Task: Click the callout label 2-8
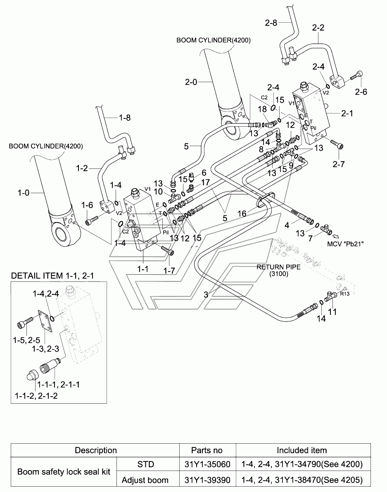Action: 271,23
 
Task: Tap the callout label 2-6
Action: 361,92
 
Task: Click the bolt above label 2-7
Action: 337,144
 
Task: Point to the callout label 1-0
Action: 23,193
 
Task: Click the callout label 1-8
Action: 125,118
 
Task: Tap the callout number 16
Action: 242,214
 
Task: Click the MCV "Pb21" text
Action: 345,244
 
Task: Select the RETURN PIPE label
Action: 279,270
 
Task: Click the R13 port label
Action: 344,294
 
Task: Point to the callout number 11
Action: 332,312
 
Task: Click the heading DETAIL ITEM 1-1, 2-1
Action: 52,275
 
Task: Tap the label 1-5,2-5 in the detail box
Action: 26,340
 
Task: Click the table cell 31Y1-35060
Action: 207,464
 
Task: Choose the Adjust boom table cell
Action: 145,480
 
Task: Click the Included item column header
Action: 302,450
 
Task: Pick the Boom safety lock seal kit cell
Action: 64,472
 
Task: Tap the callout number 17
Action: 205,182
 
